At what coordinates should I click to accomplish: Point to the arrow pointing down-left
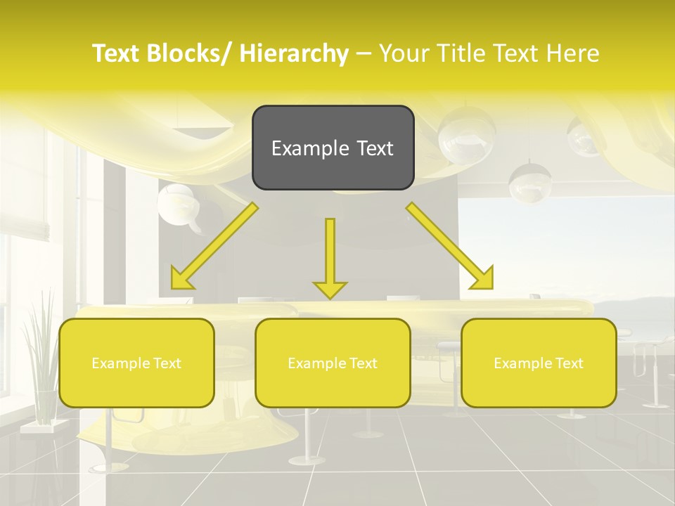point(214,246)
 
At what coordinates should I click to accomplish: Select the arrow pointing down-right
point(450,246)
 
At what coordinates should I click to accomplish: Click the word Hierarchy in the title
point(294,53)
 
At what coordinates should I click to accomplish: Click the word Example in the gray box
point(301,148)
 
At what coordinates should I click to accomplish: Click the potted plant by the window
point(40,358)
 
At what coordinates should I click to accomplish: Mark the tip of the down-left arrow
point(173,287)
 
